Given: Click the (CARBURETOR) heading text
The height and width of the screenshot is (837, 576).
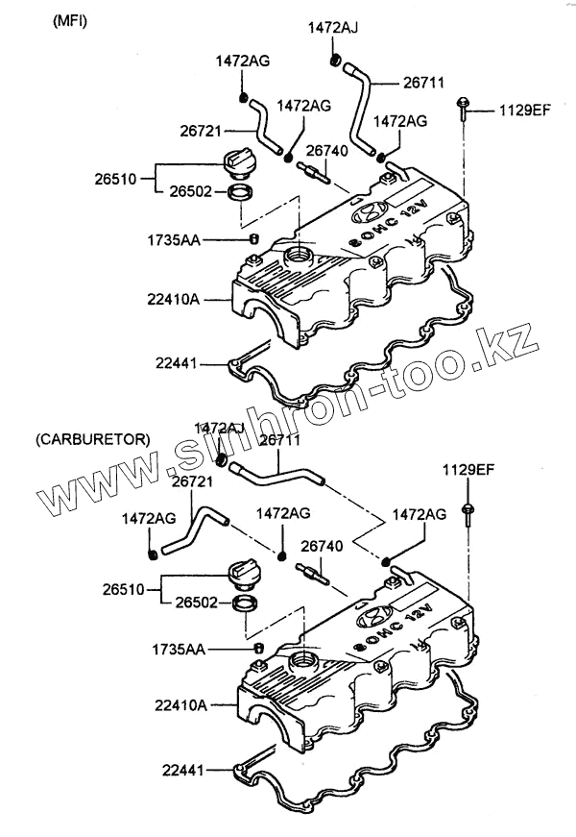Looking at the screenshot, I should pyautogui.click(x=92, y=439).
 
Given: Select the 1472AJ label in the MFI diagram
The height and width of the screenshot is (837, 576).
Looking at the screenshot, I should pyautogui.click(x=333, y=28).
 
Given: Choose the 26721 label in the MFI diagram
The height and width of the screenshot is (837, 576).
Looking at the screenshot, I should pyautogui.click(x=201, y=127).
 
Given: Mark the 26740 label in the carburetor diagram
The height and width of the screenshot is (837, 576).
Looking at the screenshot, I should pyautogui.click(x=321, y=546).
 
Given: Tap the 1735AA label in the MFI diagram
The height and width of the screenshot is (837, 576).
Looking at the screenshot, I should pyautogui.click(x=173, y=239).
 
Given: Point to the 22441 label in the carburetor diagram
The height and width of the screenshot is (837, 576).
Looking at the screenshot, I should pyautogui.click(x=183, y=769).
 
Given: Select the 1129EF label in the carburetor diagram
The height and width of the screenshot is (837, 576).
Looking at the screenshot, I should pyautogui.click(x=468, y=469).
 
